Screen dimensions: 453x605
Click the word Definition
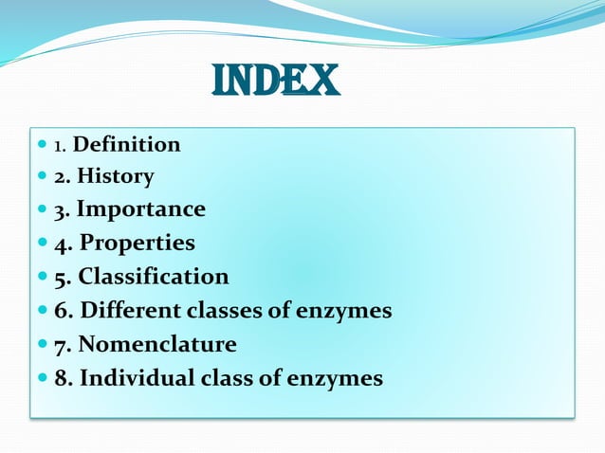pyautogui.click(x=126, y=145)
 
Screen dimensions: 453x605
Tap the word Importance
pyautogui.click(x=140, y=209)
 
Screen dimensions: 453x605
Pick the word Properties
pyautogui.click(x=137, y=244)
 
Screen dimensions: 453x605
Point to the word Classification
pyautogui.click(x=154, y=277)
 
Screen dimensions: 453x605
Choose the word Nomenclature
pyautogui.click(x=157, y=344)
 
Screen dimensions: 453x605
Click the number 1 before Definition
pyautogui.click(x=58, y=147)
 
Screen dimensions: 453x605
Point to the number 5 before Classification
pyautogui.click(x=60, y=278)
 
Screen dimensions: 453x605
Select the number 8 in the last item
pyautogui.click(x=61, y=378)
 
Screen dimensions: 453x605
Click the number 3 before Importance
pyautogui.click(x=60, y=209)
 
